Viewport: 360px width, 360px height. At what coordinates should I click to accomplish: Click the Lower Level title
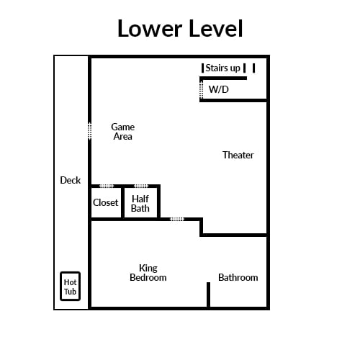tap(180, 29)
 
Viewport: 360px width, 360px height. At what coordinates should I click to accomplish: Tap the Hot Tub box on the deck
tap(70, 286)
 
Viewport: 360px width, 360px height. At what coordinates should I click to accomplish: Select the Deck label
tap(71, 180)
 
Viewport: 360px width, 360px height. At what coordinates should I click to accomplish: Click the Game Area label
tap(123, 132)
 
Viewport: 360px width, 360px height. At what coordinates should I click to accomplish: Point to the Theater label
tap(238, 155)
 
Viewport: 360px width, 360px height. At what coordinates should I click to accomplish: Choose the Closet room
tap(106, 203)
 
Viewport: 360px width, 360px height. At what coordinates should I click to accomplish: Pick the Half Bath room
tap(140, 203)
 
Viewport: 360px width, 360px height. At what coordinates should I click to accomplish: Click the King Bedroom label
tap(148, 273)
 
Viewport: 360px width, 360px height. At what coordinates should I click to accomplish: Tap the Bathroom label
tap(238, 277)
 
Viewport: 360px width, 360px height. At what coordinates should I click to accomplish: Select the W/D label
tap(219, 89)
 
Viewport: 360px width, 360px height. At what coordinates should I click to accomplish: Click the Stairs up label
tap(222, 68)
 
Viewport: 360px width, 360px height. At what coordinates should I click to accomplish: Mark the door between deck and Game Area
tap(90, 131)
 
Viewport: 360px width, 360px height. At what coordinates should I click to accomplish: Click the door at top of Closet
tap(107, 186)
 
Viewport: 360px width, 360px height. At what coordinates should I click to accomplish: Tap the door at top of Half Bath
tap(141, 186)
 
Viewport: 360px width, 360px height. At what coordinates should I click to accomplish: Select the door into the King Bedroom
tap(177, 219)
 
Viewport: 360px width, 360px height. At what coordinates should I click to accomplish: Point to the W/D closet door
tap(202, 90)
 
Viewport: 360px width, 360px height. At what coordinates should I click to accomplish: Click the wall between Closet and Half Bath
tap(123, 203)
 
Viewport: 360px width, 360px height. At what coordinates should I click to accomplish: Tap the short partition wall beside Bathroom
tap(209, 294)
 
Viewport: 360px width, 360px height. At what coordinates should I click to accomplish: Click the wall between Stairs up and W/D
tap(223, 78)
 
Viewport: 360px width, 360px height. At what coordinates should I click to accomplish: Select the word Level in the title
tap(216, 29)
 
